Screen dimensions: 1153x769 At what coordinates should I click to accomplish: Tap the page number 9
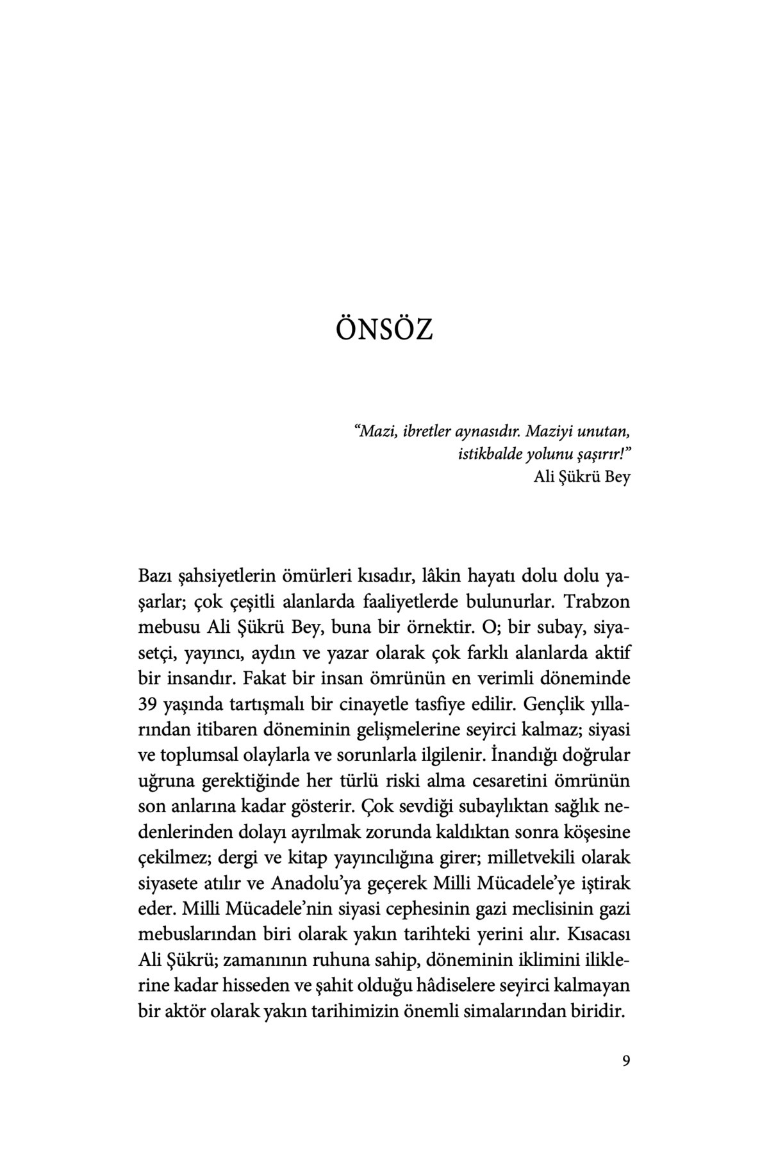pyautogui.click(x=626, y=1060)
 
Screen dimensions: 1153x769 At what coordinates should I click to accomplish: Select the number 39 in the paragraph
pyautogui.click(x=148, y=704)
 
